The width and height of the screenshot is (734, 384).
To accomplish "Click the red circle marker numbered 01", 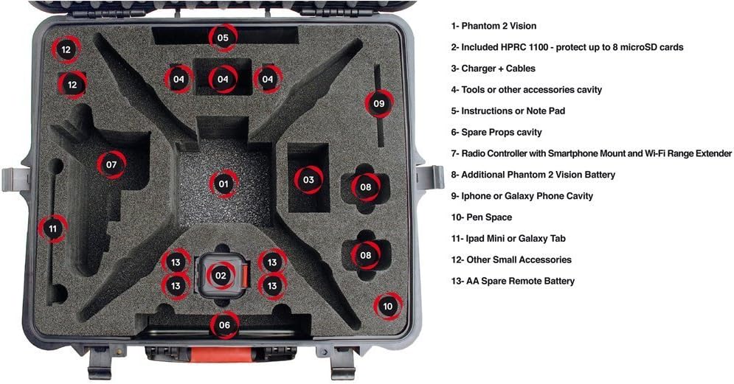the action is coord(223,183).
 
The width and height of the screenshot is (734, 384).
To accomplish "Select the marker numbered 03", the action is coord(308,179).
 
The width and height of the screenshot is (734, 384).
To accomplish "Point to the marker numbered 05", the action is coord(222,37).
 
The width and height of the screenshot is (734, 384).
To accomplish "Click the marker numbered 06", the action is coord(224,324).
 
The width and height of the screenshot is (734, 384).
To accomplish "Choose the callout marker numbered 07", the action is coord(111,164).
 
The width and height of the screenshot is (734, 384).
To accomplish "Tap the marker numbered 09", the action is coord(378,104).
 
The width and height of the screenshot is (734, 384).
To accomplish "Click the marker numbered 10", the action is coord(388,305).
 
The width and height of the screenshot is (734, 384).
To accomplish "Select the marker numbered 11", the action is coord(52,229).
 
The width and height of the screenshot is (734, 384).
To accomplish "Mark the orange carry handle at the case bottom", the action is coord(221,355).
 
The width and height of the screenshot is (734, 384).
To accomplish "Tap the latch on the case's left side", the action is coord(16,179).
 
